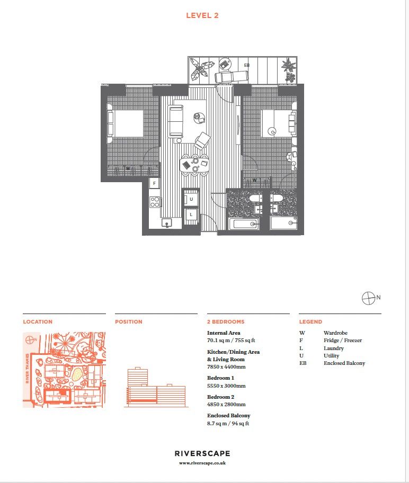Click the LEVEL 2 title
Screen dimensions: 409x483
tap(202, 15)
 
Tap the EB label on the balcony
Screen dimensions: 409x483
tap(246, 65)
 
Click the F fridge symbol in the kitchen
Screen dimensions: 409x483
tap(154, 183)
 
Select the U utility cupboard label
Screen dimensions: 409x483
tap(191, 199)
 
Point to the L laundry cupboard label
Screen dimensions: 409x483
tap(191, 214)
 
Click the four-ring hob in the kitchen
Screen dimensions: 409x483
tap(155, 202)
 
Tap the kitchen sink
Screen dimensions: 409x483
tap(167, 223)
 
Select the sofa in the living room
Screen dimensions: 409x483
tap(176, 121)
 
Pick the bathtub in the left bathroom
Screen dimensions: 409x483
tap(244, 223)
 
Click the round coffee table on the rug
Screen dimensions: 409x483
tap(197, 117)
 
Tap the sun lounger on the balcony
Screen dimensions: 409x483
tap(232, 76)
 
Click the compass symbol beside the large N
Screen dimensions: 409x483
tap(368, 298)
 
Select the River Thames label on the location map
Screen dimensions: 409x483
tap(28, 368)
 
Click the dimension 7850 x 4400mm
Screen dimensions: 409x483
tap(226, 366)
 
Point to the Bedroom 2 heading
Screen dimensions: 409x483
tap(220, 397)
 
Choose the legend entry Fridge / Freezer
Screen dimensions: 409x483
tap(343, 341)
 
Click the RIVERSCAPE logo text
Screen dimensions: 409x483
tap(202, 453)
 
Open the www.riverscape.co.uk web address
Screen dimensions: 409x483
tap(202, 463)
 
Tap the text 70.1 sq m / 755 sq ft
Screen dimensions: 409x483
tap(231, 341)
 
